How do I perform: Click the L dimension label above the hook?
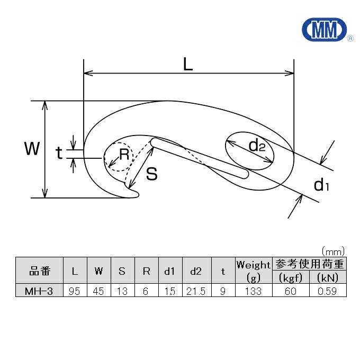click(187, 64)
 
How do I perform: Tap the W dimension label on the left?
click(32, 149)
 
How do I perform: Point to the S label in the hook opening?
click(152, 174)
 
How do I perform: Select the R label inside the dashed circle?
click(123, 155)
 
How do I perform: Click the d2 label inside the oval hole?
click(256, 146)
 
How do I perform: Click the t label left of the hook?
click(59, 154)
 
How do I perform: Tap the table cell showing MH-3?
click(39, 291)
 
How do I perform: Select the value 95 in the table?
click(75, 291)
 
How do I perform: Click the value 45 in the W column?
click(99, 291)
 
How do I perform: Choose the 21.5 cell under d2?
click(195, 291)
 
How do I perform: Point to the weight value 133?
click(254, 291)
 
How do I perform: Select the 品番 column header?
click(39, 271)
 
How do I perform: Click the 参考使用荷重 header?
click(309, 263)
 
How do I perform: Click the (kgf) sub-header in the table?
click(290, 277)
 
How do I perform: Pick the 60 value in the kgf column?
click(290, 291)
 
